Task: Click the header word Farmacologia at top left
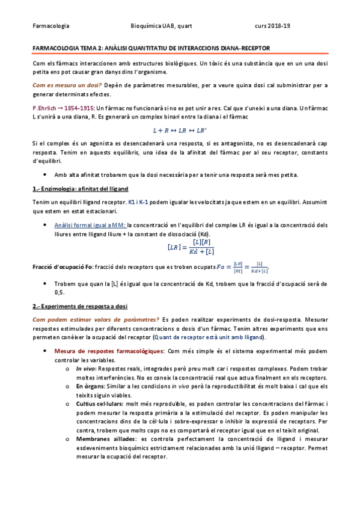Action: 50,26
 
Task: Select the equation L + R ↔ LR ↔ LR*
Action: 180,129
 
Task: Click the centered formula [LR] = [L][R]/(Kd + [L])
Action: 180,247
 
